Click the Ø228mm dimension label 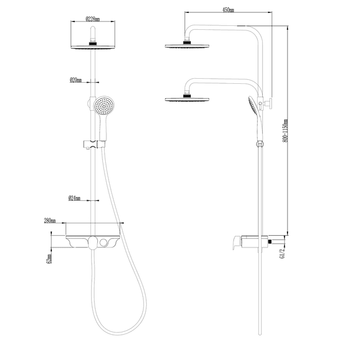[x=92, y=19]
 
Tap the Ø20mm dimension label [x=75, y=80]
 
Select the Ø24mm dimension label [x=74, y=198]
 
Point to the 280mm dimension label [x=50, y=220]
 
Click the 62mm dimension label [x=49, y=259]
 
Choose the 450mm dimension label [x=228, y=10]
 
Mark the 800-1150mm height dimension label [x=285, y=130]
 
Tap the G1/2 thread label [x=282, y=253]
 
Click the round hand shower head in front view [x=103, y=106]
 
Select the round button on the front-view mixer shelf [x=103, y=242]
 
